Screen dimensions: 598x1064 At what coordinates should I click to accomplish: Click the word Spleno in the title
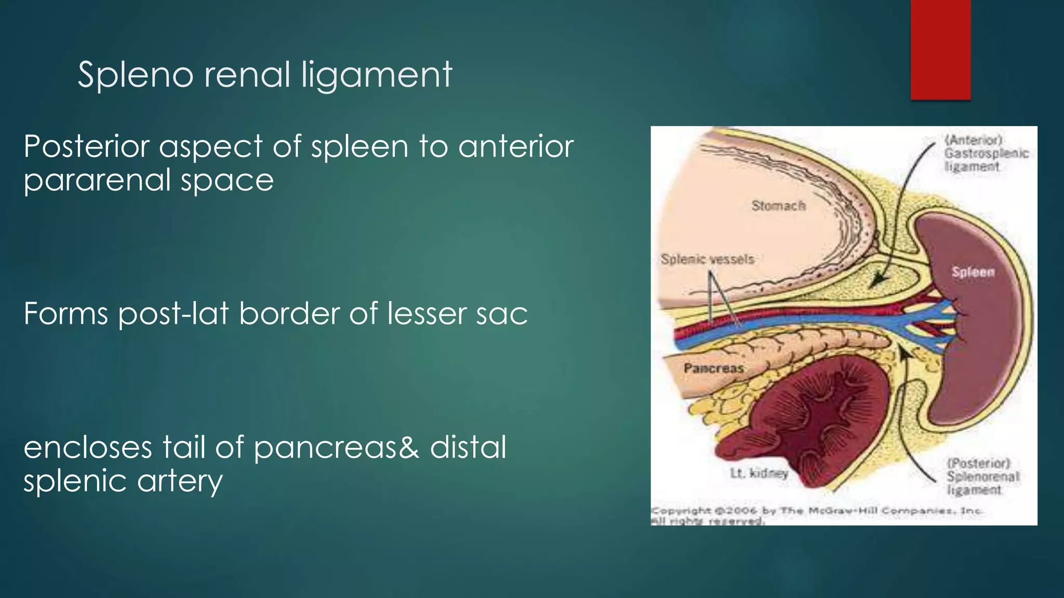pyautogui.click(x=136, y=75)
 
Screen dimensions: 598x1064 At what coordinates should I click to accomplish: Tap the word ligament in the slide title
pyautogui.click(x=377, y=75)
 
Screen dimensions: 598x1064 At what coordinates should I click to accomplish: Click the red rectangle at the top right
pyautogui.click(x=940, y=49)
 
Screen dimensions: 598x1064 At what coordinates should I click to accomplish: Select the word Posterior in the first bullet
pyautogui.click(x=86, y=146)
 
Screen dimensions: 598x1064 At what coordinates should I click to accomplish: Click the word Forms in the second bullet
pyautogui.click(x=65, y=314)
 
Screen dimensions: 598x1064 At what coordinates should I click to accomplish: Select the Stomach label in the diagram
pyautogui.click(x=778, y=206)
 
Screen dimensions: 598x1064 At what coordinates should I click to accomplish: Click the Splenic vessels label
pyautogui.click(x=707, y=259)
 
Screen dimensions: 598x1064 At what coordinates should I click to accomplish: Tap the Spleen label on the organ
pyautogui.click(x=973, y=271)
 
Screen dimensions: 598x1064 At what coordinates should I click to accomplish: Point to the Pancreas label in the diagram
pyautogui.click(x=713, y=368)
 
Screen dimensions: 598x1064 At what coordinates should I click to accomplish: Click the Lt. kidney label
pyautogui.click(x=759, y=473)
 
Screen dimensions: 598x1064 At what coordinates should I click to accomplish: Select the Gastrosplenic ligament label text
pyautogui.click(x=986, y=153)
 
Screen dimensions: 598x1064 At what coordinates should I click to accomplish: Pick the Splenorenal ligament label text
pyautogui.click(x=982, y=477)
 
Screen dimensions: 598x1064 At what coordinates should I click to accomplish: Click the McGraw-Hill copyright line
pyautogui.click(x=816, y=511)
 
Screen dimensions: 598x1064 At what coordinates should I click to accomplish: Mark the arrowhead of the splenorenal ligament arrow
pyautogui.click(x=905, y=352)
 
